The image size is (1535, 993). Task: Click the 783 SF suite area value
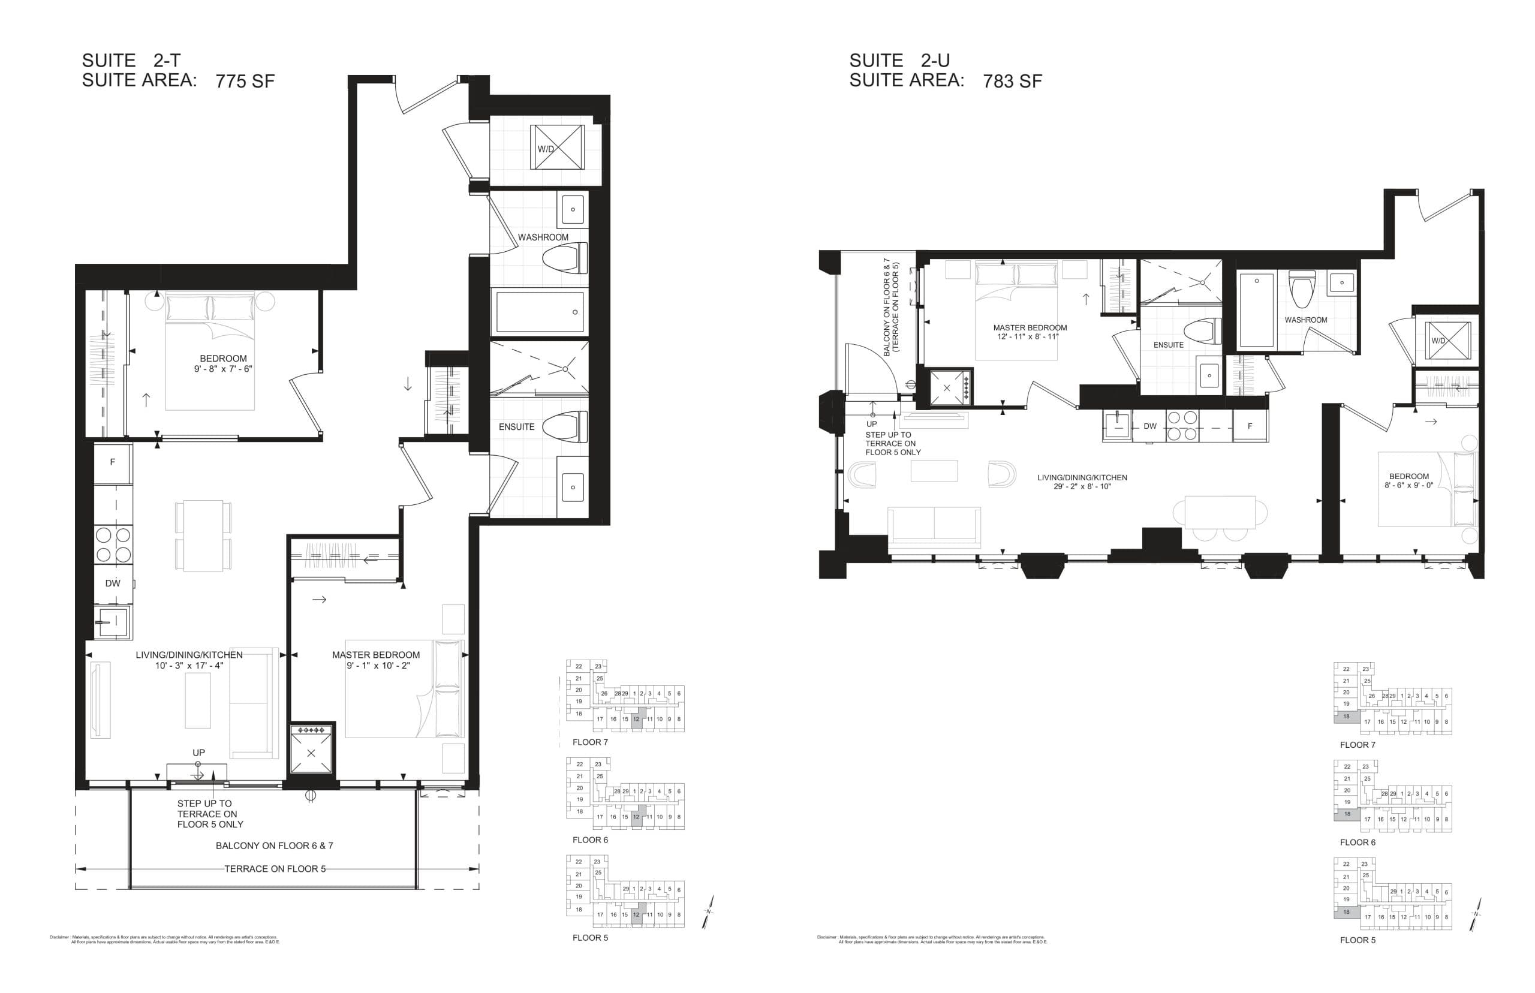[x=1012, y=81]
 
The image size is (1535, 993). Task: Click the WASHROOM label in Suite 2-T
[x=543, y=237]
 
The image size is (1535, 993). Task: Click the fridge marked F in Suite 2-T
[x=113, y=462]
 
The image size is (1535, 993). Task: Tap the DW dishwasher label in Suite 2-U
[x=1149, y=426]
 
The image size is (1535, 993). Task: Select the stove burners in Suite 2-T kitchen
[x=113, y=545]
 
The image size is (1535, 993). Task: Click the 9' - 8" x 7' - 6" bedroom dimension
[x=222, y=369]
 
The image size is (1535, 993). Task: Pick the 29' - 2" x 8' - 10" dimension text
[x=1082, y=487]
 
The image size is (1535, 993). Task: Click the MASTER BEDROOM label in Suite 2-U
[x=1030, y=327]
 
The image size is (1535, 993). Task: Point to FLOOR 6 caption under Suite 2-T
[x=589, y=840]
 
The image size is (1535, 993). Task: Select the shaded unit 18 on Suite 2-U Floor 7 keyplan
[x=1346, y=717]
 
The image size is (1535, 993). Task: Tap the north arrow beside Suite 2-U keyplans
[x=1476, y=914]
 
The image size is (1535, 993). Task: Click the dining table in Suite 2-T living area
[x=203, y=535]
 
